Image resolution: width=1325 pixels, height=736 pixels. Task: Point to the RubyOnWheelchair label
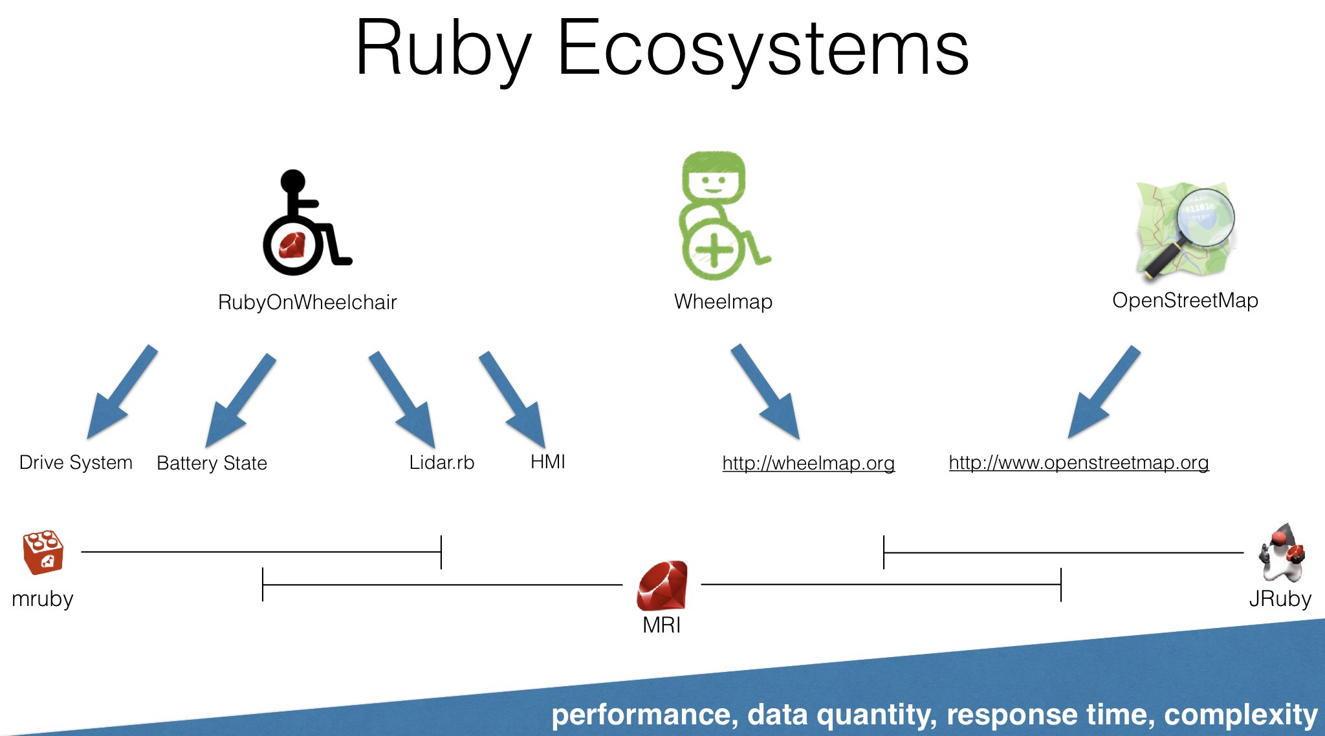point(307,302)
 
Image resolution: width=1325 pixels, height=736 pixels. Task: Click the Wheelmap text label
point(723,301)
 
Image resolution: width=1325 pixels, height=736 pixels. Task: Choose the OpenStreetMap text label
point(1185,301)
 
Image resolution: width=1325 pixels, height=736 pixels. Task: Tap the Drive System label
point(76,462)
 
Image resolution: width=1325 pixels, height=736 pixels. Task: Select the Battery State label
point(212,463)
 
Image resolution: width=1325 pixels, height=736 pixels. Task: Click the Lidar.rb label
point(442,462)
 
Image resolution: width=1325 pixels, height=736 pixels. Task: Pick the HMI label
point(548,462)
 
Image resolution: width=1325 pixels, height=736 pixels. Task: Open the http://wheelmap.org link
point(809,463)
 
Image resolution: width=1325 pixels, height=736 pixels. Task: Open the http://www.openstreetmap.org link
point(1079,463)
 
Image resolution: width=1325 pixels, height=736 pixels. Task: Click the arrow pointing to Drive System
point(122,392)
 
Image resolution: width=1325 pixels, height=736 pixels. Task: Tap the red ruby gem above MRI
point(662,586)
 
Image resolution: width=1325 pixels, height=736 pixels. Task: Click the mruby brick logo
point(43,552)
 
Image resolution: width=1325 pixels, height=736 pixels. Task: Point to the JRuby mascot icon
point(1282,553)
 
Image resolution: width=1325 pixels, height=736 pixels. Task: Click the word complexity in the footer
point(1241,715)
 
